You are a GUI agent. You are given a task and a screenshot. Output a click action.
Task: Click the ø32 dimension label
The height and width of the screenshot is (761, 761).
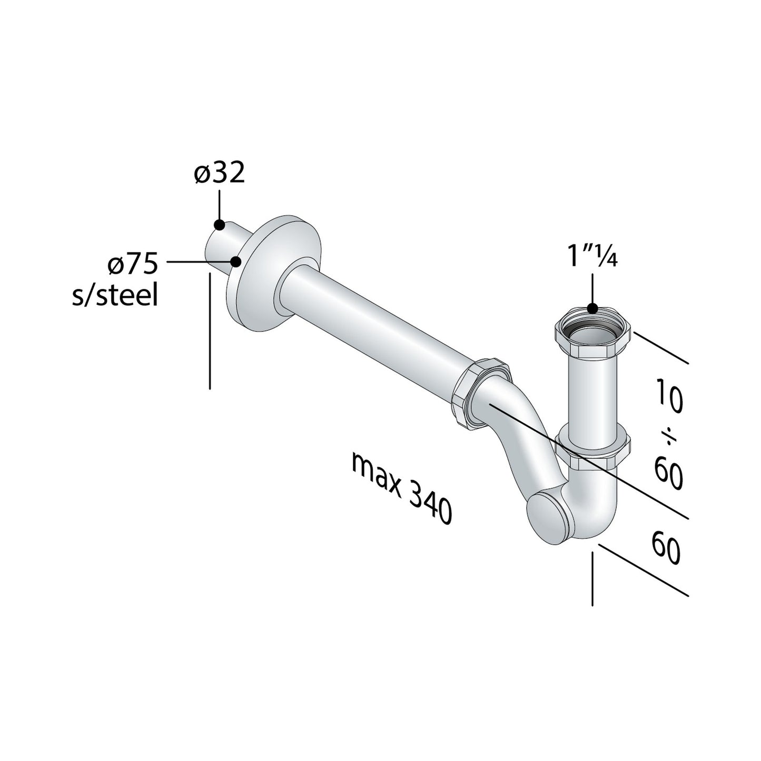point(220,173)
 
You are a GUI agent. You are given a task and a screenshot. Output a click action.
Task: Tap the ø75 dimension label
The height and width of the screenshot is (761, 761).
point(132,265)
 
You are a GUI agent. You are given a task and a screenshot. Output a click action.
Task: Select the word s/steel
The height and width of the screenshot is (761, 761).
point(115,296)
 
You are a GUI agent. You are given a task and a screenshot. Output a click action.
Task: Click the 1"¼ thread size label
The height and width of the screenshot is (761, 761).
point(592,256)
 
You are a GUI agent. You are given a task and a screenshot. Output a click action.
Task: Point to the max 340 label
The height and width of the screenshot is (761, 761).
point(401,488)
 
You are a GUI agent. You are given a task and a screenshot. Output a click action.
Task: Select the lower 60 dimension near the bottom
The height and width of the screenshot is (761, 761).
point(667,548)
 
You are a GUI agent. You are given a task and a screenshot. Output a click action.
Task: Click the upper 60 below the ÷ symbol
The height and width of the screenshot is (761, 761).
point(668,472)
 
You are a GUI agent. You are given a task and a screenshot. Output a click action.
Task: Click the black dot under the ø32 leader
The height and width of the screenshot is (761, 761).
point(220,224)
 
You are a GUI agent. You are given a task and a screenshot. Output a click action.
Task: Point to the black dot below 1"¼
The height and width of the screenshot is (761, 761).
point(592,309)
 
